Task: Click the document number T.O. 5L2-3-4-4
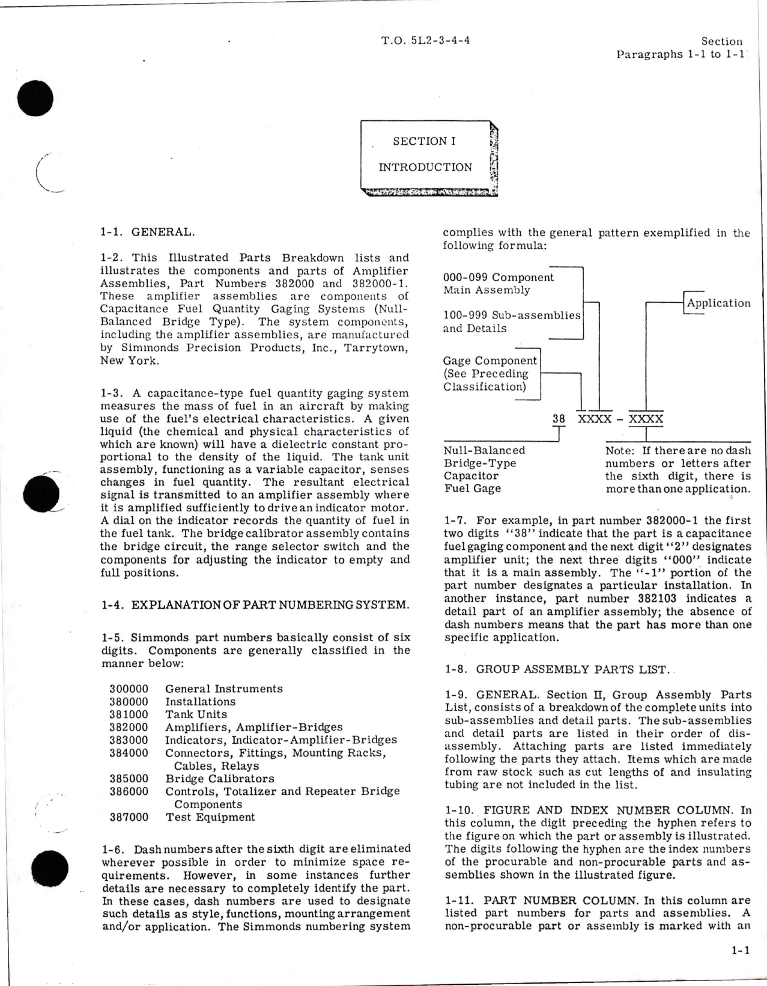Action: pyautogui.click(x=425, y=41)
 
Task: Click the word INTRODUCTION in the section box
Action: pyautogui.click(x=425, y=168)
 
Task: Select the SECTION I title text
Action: pyautogui.click(x=424, y=141)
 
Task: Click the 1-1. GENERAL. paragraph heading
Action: pyautogui.click(x=147, y=231)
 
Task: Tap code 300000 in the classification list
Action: pyautogui.click(x=129, y=689)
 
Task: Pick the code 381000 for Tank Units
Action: pyautogui.click(x=129, y=714)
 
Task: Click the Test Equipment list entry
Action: pyautogui.click(x=210, y=817)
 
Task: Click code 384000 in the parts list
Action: pyautogui.click(x=129, y=753)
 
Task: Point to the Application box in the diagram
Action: pyautogui.click(x=718, y=303)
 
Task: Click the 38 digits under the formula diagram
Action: pyautogui.click(x=559, y=419)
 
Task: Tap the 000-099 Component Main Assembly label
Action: pyautogui.click(x=499, y=284)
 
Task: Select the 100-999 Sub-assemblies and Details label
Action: pyautogui.click(x=512, y=321)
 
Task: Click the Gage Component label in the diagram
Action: pyautogui.click(x=490, y=361)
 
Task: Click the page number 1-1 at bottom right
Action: pyautogui.click(x=740, y=951)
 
